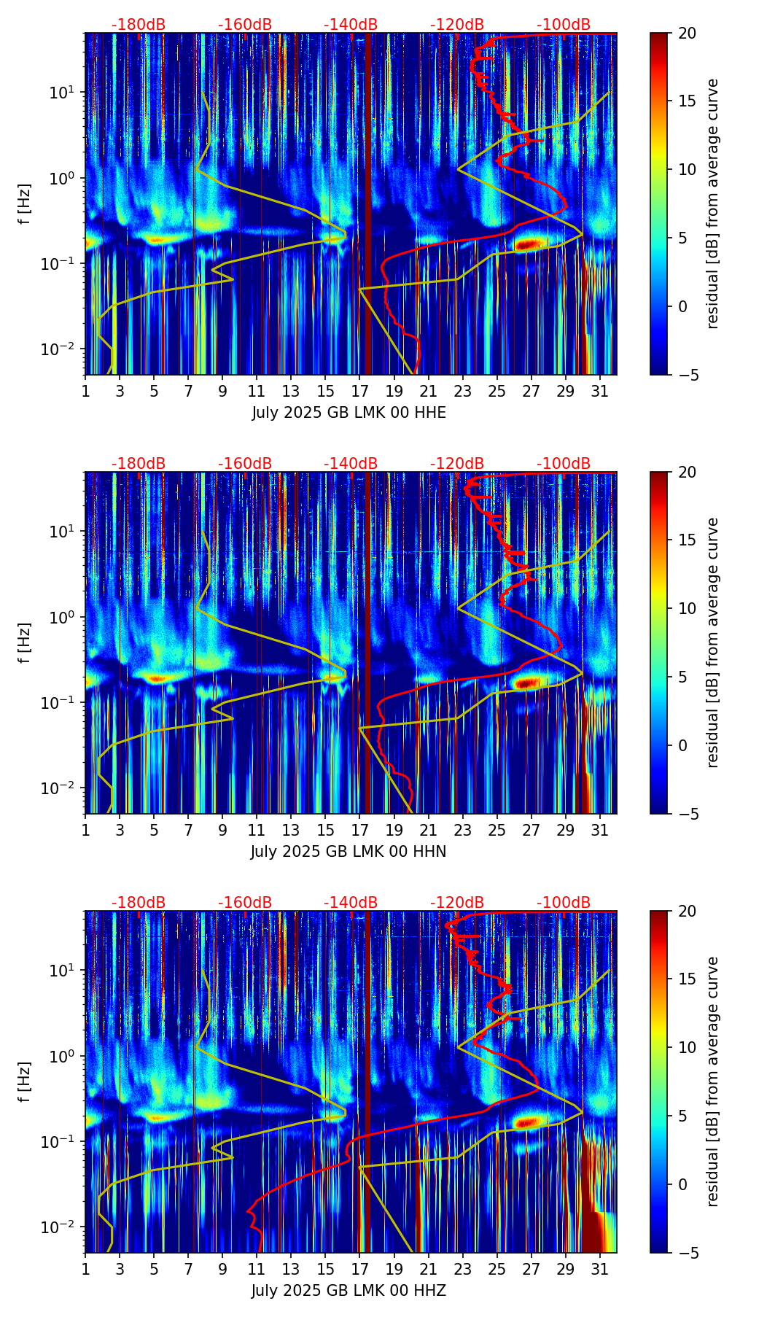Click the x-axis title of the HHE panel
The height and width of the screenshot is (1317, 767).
[x=349, y=413]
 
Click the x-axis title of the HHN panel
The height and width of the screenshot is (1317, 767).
[x=349, y=852]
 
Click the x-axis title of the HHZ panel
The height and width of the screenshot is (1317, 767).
[x=349, y=1291]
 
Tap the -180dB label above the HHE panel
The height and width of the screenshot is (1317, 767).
[x=139, y=25]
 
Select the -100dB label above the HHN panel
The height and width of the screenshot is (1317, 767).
[x=564, y=464]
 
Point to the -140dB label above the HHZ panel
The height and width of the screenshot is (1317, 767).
[x=351, y=903]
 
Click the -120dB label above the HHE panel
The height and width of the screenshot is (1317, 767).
[x=457, y=25]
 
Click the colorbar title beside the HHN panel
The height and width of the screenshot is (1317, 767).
[x=713, y=642]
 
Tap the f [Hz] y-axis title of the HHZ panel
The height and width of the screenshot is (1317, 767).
[x=25, y=1081]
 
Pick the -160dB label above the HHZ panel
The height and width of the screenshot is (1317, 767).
[x=245, y=903]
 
